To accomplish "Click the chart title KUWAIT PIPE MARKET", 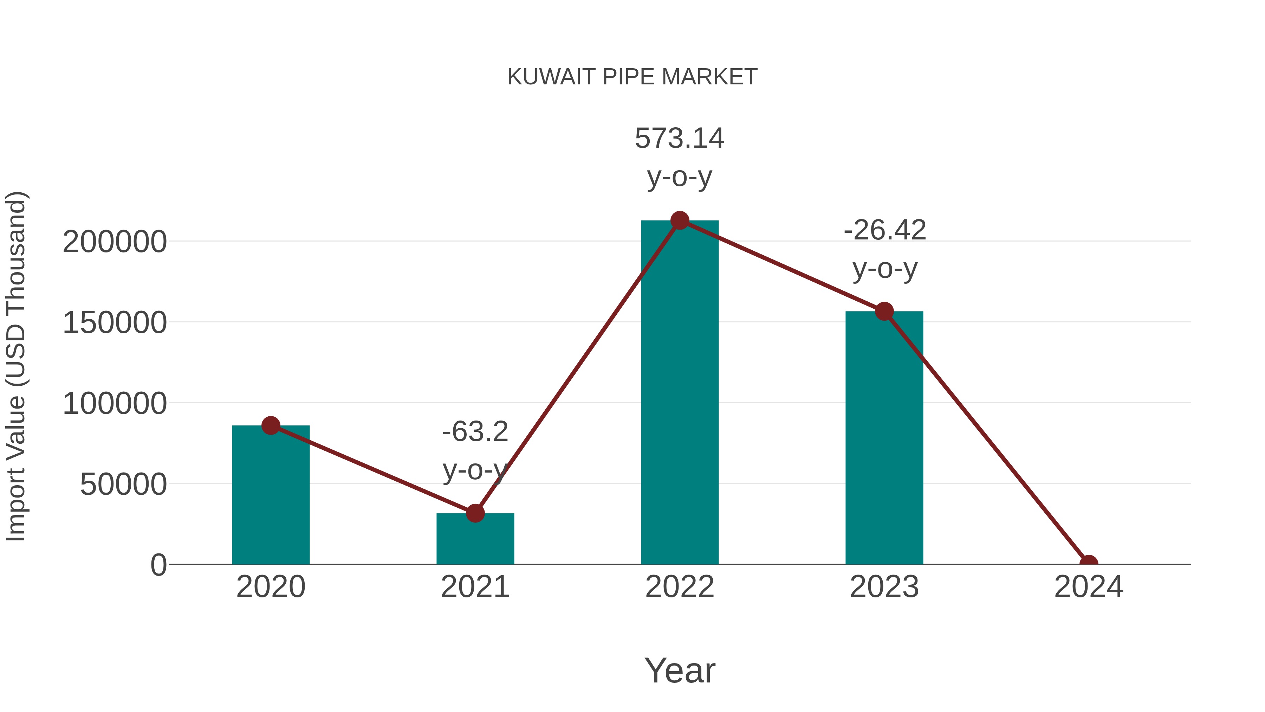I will pos(632,77).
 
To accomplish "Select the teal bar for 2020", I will pos(271,496).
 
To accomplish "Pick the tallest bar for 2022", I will pos(680,393).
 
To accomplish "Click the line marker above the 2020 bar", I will pos(271,425).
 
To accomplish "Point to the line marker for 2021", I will pos(475,513).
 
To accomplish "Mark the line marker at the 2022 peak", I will pos(680,220).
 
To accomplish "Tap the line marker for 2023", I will pos(884,312).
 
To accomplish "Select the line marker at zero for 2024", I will pos(1089,563).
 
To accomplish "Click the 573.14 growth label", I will pos(680,139).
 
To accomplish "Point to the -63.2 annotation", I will pos(475,432).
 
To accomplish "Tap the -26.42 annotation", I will pos(884,230).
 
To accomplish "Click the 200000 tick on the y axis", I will pos(115,242).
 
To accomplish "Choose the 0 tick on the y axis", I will pos(158,565).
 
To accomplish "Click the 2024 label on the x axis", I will pos(1089,587).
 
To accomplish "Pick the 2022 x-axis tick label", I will pos(680,587).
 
